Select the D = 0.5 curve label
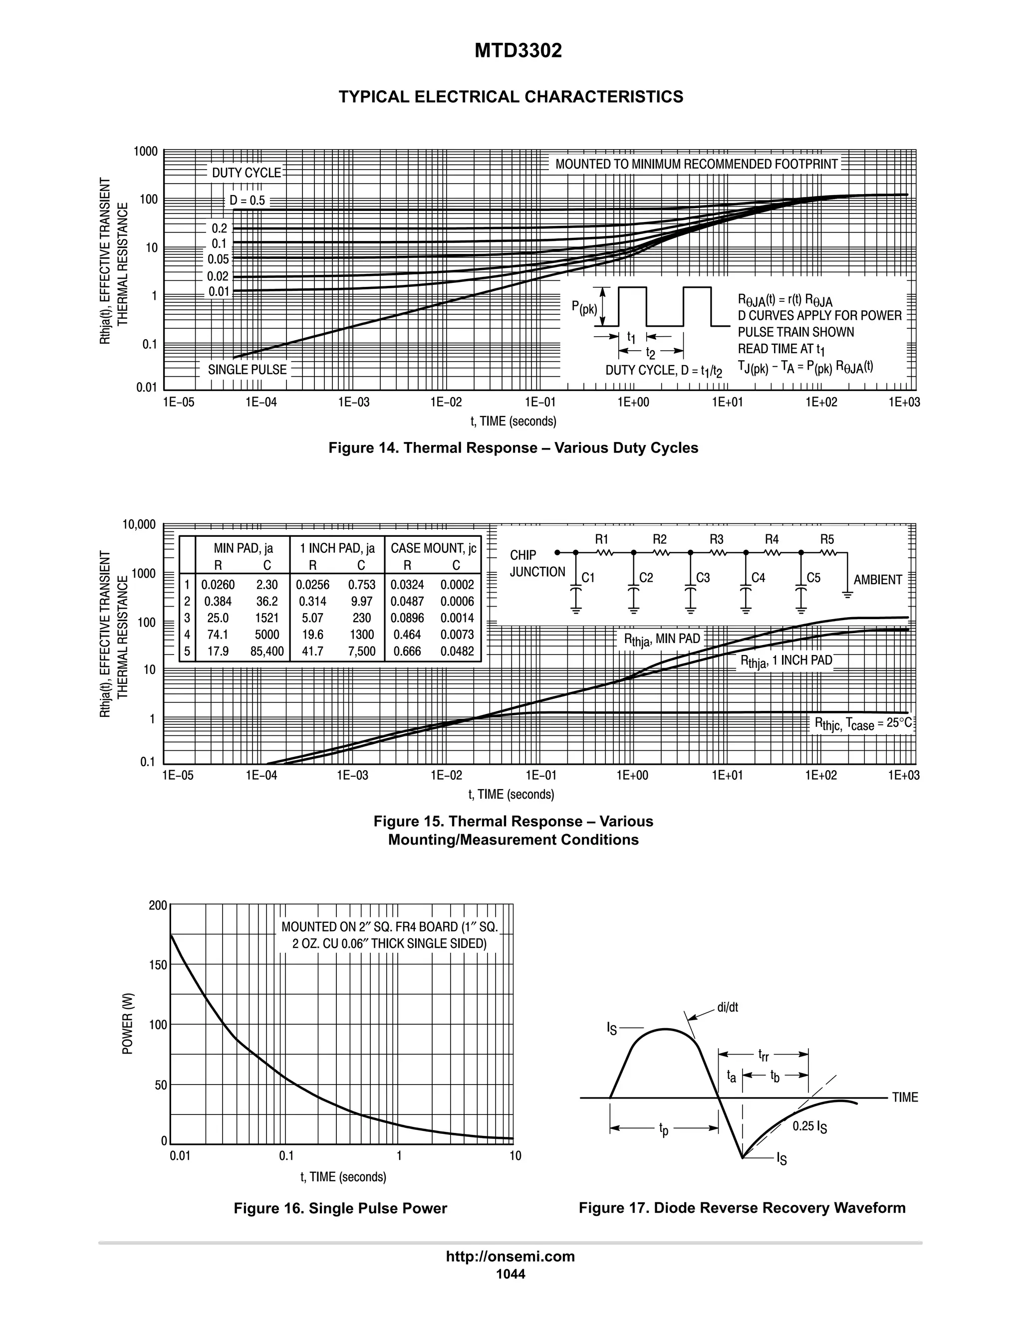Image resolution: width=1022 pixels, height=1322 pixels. click(247, 201)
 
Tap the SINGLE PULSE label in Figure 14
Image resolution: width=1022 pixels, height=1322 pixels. click(247, 369)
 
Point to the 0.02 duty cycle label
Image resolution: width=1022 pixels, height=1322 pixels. click(218, 277)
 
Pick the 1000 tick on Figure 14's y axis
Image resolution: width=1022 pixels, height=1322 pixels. click(145, 151)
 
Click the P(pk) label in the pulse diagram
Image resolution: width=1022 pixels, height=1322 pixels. click(584, 308)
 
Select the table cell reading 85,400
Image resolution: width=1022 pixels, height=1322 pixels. click(266, 652)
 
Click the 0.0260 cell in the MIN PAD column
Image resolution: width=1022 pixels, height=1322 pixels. click(218, 585)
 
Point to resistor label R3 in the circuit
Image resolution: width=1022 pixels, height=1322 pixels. click(716, 539)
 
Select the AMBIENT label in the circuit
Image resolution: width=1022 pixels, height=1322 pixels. click(878, 580)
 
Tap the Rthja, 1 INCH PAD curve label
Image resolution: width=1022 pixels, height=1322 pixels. click(786, 661)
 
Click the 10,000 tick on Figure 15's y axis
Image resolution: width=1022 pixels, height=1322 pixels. click(139, 525)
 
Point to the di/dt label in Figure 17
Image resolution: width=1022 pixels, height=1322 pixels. click(727, 1007)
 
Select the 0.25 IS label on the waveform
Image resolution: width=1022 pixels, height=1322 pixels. click(809, 1127)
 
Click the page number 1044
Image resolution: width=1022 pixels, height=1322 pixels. click(511, 1274)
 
